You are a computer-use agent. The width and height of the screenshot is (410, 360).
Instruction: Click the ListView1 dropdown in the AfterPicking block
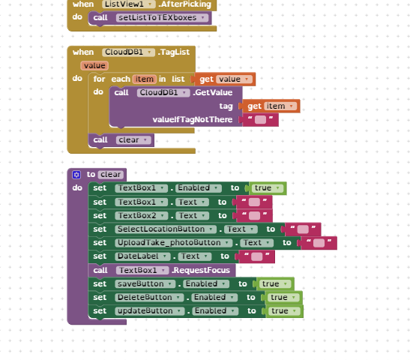(x=129, y=4)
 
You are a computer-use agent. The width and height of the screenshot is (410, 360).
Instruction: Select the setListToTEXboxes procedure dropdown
(x=162, y=17)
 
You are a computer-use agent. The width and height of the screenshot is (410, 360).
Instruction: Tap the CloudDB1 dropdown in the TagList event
(x=128, y=52)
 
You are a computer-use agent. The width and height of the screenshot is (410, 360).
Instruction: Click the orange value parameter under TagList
(x=94, y=65)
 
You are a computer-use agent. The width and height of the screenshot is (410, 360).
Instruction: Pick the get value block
(x=225, y=79)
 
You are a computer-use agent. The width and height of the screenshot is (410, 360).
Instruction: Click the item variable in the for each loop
(x=145, y=79)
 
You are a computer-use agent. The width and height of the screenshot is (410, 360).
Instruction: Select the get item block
(x=271, y=106)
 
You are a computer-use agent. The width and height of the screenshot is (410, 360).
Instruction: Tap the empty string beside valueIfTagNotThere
(x=260, y=119)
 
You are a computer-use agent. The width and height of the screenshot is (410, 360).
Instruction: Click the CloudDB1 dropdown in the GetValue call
(x=163, y=92)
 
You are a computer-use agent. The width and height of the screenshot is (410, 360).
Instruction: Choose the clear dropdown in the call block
(x=133, y=140)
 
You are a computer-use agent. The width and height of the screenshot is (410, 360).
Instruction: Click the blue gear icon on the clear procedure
(x=76, y=175)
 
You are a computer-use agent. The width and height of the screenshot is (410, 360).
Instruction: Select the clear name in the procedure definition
(x=111, y=175)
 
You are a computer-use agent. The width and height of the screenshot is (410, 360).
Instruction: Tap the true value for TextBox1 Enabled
(x=268, y=188)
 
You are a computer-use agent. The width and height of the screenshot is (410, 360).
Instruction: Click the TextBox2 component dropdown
(x=141, y=215)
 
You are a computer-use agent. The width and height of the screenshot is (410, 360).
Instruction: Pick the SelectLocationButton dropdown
(x=166, y=229)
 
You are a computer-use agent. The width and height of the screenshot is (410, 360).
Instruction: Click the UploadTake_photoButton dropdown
(x=174, y=243)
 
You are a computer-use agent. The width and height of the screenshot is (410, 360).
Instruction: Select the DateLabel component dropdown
(x=142, y=256)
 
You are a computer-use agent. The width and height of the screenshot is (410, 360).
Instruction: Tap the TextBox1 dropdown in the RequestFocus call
(x=142, y=270)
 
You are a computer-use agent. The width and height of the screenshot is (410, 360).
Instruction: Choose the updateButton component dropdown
(x=150, y=310)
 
